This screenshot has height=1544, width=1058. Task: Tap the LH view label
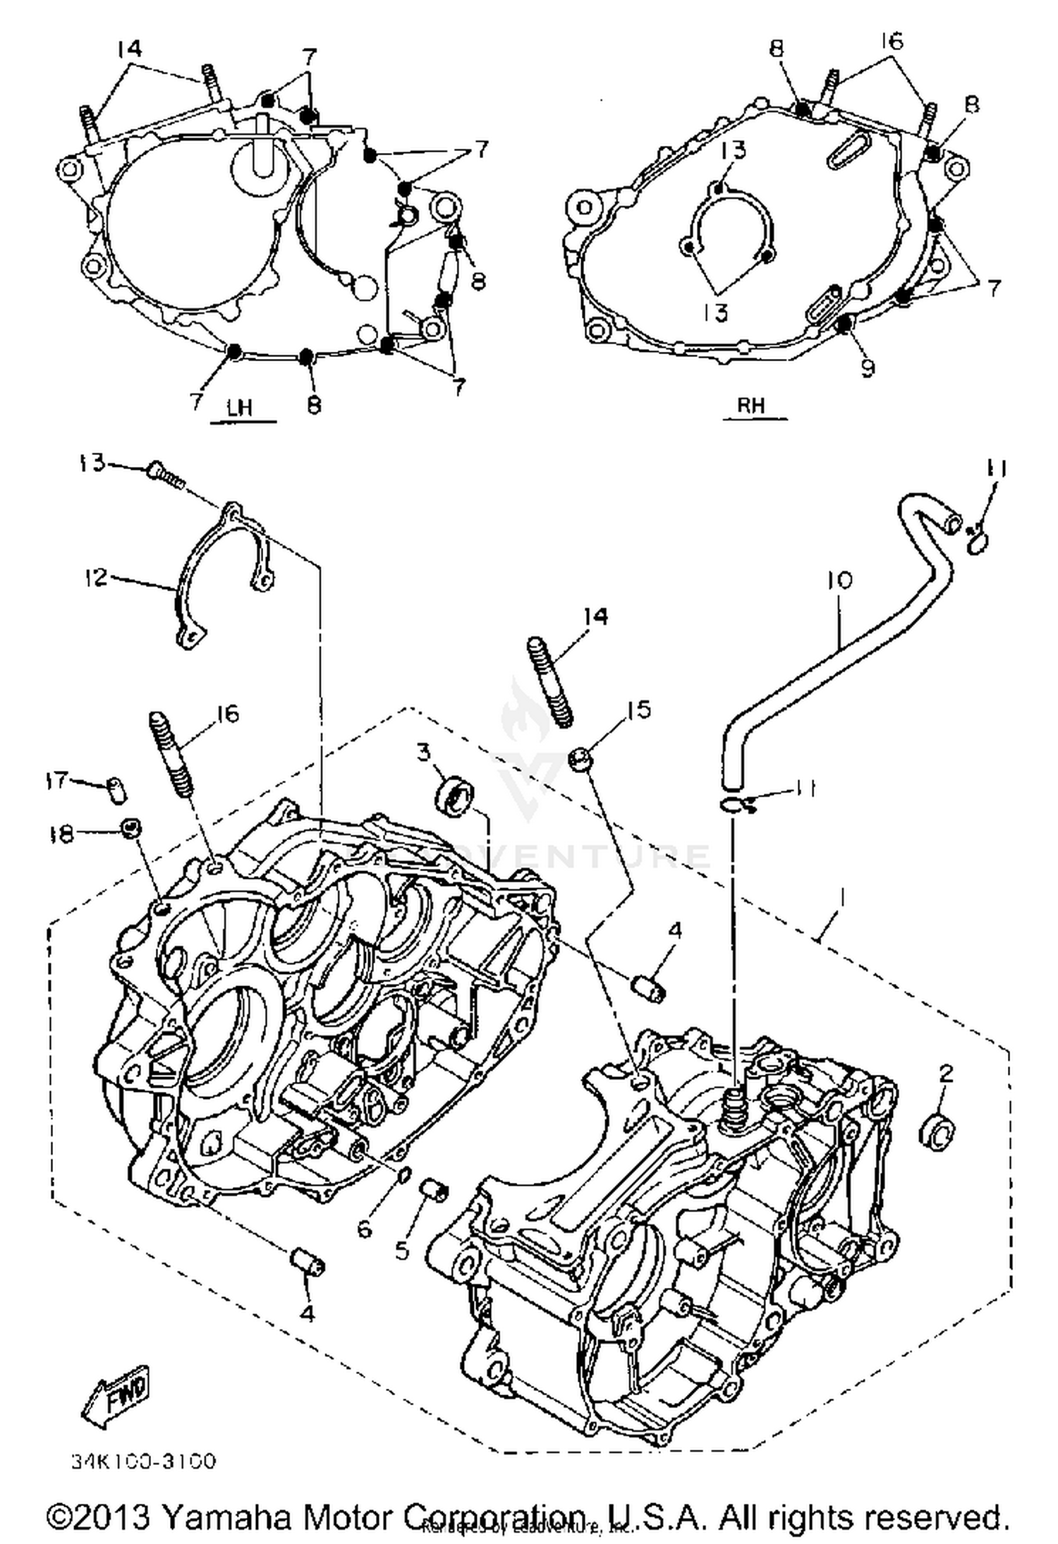pyautogui.click(x=240, y=408)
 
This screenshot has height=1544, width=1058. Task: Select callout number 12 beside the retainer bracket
pyautogui.click(x=95, y=578)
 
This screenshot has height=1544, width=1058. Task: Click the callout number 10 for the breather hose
pyautogui.click(x=839, y=580)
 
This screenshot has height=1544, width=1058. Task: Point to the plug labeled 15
pyautogui.click(x=580, y=761)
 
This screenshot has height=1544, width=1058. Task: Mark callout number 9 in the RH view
pyautogui.click(x=868, y=368)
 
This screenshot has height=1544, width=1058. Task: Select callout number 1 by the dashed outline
pyautogui.click(x=841, y=898)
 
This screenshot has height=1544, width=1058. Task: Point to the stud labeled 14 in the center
pyautogui.click(x=550, y=681)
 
